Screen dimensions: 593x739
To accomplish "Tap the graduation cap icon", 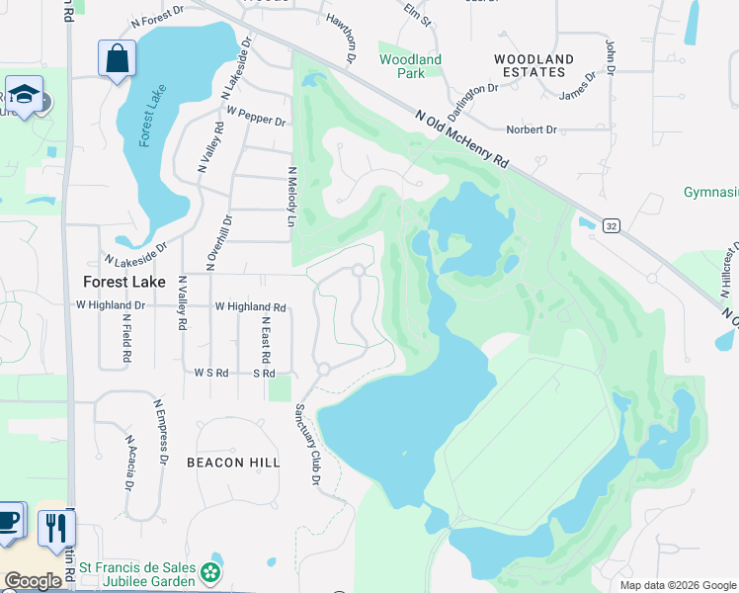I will [23, 95].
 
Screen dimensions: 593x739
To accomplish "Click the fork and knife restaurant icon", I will [55, 526].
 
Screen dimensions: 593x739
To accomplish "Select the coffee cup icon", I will [9, 520].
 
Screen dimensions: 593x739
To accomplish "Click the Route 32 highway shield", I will [612, 226].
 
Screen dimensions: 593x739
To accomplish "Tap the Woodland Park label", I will [410, 66].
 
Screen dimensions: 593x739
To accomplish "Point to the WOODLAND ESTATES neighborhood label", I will [534, 66].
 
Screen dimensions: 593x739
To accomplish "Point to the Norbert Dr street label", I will [532, 129].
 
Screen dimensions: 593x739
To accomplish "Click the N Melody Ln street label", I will [291, 197].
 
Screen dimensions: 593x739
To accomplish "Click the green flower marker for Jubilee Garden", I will [209, 572].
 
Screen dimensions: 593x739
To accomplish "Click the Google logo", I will [33, 581].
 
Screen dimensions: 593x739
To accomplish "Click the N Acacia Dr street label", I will [129, 463].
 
